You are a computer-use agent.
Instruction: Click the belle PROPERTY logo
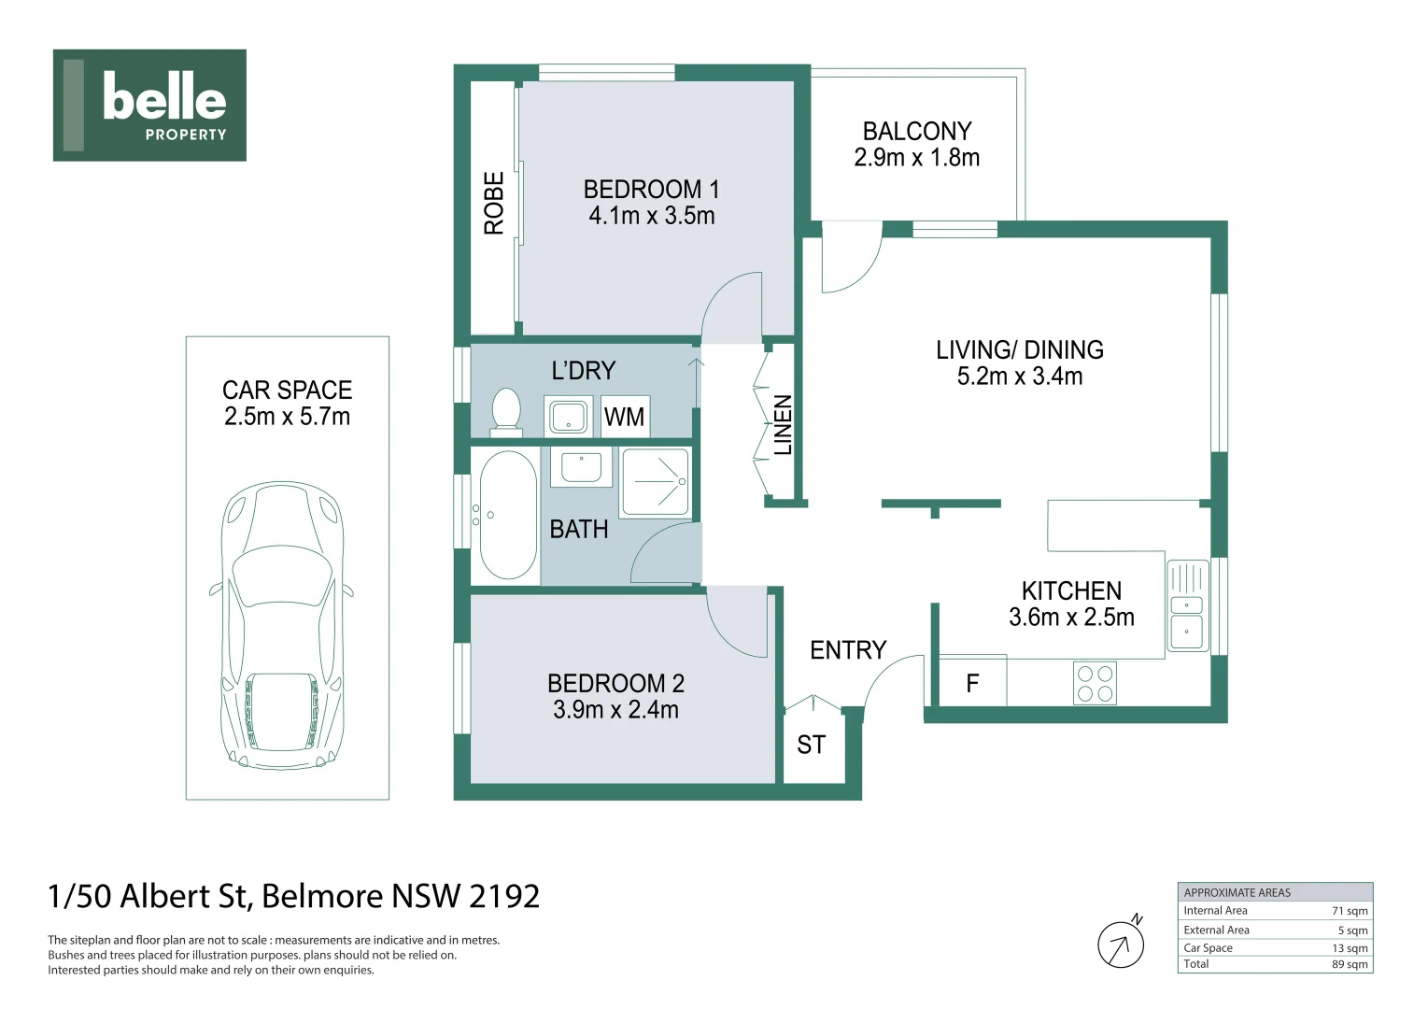pos(149,105)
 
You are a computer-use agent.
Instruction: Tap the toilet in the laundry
pos(505,412)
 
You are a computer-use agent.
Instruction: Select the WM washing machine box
pos(624,417)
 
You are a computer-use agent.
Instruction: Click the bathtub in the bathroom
pos(507,516)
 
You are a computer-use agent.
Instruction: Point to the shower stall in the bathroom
pos(656,481)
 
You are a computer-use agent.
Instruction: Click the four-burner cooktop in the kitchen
pos(1095,683)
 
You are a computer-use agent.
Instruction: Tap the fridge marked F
pos(972,684)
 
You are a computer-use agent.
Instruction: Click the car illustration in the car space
pos(283,626)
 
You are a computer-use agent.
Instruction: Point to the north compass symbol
pos(1121,944)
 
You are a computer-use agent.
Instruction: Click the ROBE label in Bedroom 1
pos(493,203)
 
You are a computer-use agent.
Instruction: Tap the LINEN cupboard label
pos(783,425)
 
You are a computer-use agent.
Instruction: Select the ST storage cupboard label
pos(811,745)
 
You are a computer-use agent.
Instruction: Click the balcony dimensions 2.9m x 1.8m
pos(916,158)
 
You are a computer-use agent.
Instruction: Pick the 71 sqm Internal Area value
pos(1350,911)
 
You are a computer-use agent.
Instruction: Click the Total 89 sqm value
pos(1350,964)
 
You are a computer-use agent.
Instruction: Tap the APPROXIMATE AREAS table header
pos(1237,892)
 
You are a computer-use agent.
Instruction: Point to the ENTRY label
pos(847,650)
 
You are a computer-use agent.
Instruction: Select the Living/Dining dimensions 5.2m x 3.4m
pos(1019,377)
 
